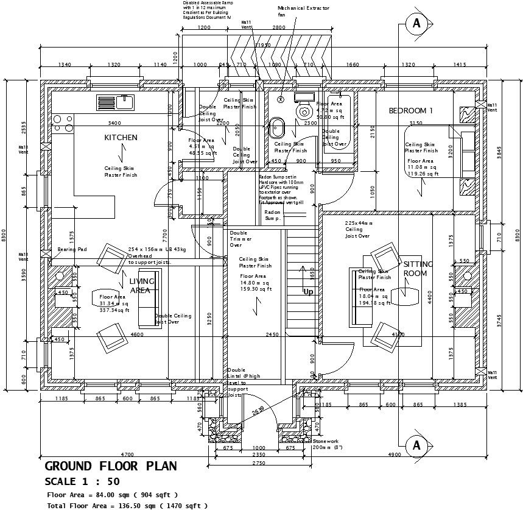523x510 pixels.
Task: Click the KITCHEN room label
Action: [121, 138]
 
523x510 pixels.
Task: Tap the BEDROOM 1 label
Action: [410, 111]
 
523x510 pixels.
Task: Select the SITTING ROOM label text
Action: [418, 269]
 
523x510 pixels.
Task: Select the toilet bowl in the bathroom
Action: [304, 112]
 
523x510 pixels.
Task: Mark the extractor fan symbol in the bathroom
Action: [281, 99]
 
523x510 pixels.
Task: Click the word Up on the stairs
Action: [309, 292]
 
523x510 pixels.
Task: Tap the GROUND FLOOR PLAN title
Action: [111, 466]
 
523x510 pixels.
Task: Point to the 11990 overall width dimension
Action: [263, 46]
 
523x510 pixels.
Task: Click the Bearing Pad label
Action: [72, 250]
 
